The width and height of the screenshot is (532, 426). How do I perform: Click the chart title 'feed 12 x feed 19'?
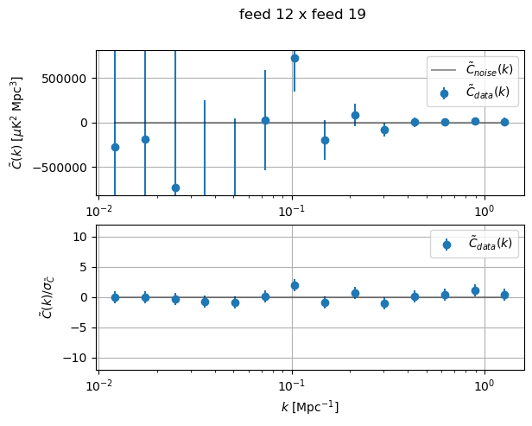[302, 14]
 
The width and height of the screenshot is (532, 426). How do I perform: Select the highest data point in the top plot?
[294, 58]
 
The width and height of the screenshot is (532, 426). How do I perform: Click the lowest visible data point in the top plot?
[175, 188]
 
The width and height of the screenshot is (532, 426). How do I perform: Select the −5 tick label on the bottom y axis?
[80, 327]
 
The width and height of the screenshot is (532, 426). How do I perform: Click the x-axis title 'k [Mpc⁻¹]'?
[310, 406]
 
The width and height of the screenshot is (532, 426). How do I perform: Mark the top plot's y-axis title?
[16, 123]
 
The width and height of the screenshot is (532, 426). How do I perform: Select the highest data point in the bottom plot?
[294, 285]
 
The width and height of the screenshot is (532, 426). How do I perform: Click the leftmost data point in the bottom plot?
[115, 297]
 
